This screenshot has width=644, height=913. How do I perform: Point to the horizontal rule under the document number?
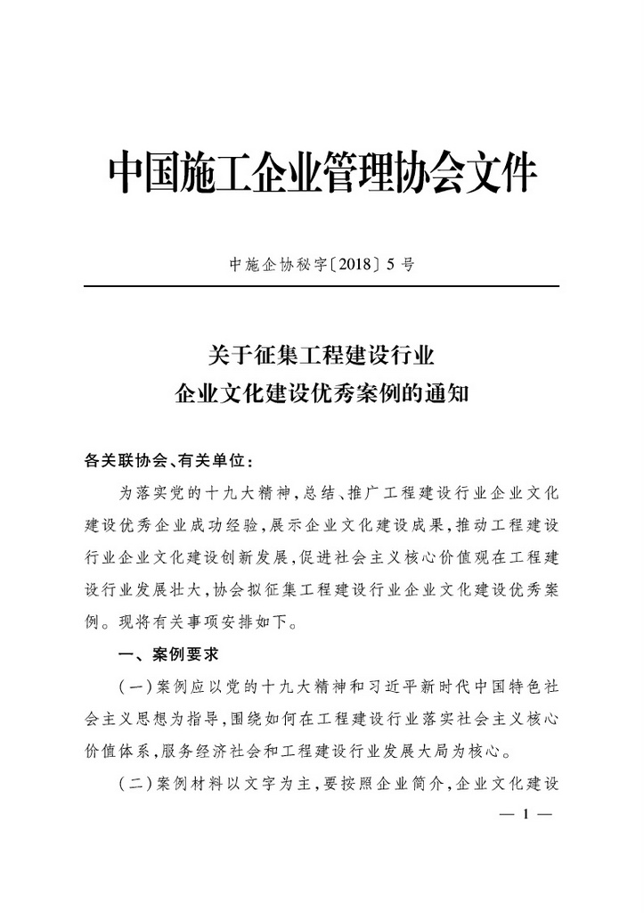[x=322, y=286]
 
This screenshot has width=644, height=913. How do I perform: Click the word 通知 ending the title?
[x=446, y=393]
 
